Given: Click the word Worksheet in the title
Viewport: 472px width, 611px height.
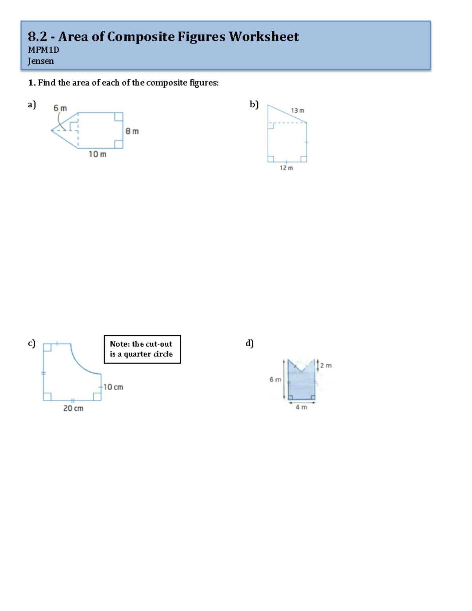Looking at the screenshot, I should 264,37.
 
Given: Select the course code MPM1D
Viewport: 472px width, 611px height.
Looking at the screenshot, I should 43,50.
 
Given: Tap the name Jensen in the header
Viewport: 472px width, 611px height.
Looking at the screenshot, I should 41,61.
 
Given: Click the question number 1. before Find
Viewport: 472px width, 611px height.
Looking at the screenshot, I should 31,83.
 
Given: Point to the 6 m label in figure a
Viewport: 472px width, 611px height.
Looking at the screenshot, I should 60,108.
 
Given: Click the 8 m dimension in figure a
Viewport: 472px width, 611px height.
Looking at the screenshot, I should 132,131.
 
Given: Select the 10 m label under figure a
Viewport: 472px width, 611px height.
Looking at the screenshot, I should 97,154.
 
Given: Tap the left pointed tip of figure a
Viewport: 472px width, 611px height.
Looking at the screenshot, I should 52,130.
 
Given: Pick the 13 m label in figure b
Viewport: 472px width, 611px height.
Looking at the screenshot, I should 297,111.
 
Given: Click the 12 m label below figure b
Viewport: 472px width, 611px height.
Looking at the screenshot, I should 286,168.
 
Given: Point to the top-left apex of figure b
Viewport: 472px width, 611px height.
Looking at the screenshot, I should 268,105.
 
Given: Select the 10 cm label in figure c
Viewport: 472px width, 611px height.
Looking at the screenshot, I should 113,387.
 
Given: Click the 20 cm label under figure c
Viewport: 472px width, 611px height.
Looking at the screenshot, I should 73,408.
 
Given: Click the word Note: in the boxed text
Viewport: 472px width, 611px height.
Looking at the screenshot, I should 120,344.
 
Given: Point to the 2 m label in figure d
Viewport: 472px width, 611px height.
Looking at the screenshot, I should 326,365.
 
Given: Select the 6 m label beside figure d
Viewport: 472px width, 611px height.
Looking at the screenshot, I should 275,379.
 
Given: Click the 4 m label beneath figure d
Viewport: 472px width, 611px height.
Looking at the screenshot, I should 301,407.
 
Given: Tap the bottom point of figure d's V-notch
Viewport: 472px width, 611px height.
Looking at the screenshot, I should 301,371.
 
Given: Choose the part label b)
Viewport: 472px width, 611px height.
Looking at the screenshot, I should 254,104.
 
